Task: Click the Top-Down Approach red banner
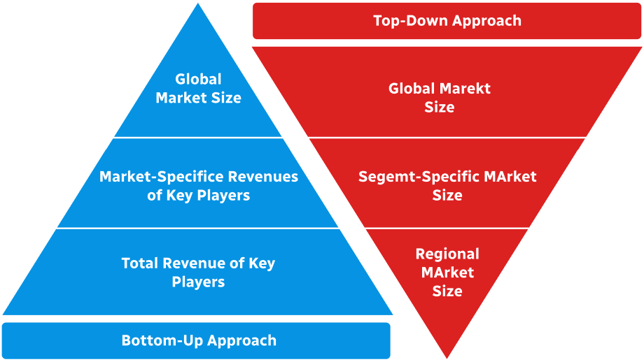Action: coord(447,21)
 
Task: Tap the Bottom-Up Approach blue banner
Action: coord(196,340)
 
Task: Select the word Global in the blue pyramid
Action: coord(198,80)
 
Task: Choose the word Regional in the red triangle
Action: coord(447,254)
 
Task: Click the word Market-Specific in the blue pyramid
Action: coord(153,177)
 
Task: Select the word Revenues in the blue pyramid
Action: coord(266,177)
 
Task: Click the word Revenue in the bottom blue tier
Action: coord(199,263)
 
